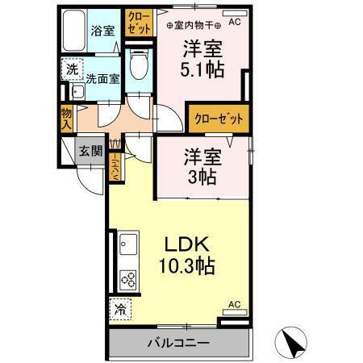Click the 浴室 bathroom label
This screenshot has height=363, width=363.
[102, 30]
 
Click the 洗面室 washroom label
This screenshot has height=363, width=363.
[102, 79]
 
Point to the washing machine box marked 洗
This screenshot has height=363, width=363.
[73, 70]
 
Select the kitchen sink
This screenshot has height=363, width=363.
[129, 243]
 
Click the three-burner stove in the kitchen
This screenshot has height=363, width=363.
[129, 279]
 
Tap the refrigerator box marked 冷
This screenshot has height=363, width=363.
[119, 309]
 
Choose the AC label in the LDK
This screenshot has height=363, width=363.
[234, 304]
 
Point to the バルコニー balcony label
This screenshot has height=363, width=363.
[178, 343]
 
